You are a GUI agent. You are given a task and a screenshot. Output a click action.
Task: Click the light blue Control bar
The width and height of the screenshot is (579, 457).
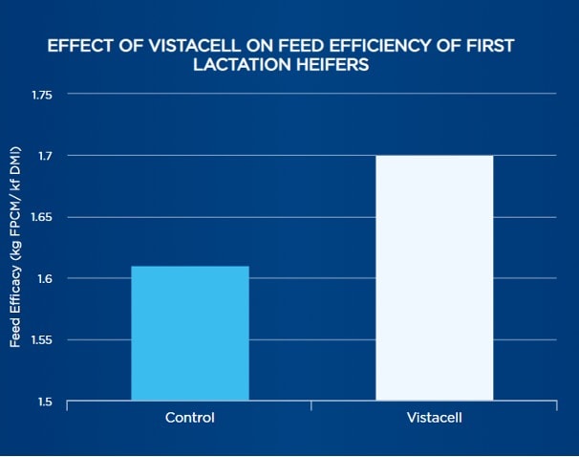[x=189, y=333]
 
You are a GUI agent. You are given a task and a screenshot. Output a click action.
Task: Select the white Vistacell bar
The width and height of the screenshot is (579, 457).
[x=434, y=277]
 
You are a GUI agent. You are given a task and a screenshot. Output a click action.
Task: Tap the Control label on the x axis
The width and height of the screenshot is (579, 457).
[x=189, y=418]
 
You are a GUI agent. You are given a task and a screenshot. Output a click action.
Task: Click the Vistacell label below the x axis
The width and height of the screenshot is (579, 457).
[x=434, y=418]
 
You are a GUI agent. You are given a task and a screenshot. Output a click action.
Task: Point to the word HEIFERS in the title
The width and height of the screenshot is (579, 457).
[x=333, y=65]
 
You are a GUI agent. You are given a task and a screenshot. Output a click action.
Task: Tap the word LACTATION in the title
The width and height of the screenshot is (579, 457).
[x=251, y=65]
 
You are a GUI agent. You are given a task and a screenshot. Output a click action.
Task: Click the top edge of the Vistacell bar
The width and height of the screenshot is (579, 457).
[x=434, y=156]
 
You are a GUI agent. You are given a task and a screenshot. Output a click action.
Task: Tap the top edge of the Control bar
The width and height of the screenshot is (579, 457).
[x=189, y=267]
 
